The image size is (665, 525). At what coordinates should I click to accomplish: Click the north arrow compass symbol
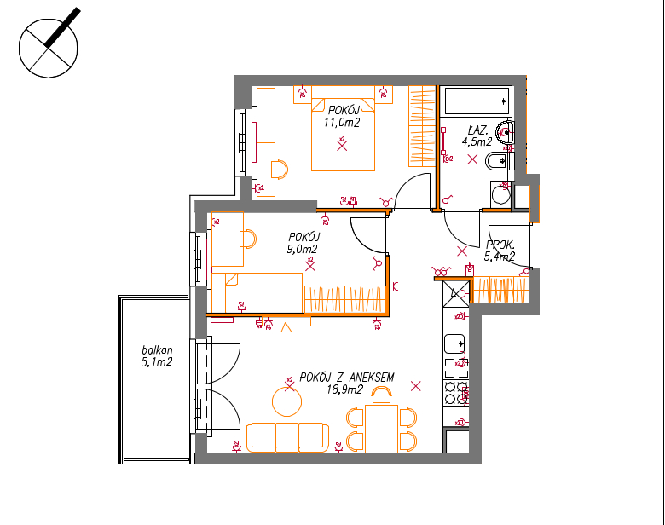[x=49, y=47]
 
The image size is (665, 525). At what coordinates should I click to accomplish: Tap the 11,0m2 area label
[x=342, y=123]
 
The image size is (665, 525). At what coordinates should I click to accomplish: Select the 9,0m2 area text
[x=302, y=250]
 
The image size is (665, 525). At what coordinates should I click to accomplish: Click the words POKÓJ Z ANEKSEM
[x=346, y=378]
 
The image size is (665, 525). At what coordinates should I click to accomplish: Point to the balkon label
[x=157, y=350]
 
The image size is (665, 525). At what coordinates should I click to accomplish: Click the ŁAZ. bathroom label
[x=478, y=130]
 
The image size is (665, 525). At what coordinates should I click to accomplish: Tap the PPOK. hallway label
[x=500, y=245]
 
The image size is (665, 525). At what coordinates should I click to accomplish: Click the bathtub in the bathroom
[x=477, y=101]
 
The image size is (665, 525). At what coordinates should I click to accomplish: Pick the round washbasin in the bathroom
[x=506, y=132]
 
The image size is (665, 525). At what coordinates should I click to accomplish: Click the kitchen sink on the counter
[x=454, y=344]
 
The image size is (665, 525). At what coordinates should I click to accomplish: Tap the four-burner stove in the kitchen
[x=455, y=393]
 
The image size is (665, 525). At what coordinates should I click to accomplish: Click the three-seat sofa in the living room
[x=287, y=437]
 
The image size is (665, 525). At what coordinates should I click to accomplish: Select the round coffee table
[x=286, y=401]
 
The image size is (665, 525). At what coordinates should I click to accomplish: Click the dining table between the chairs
[x=381, y=430]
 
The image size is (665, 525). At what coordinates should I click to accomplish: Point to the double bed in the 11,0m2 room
[x=343, y=135]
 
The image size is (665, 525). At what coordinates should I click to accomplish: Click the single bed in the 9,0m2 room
[x=257, y=292]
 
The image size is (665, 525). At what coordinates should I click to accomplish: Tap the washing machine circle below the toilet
[x=500, y=195]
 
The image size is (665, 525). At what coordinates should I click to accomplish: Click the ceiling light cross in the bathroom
[x=472, y=159]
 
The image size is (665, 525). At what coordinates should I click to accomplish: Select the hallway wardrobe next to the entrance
[x=500, y=290]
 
